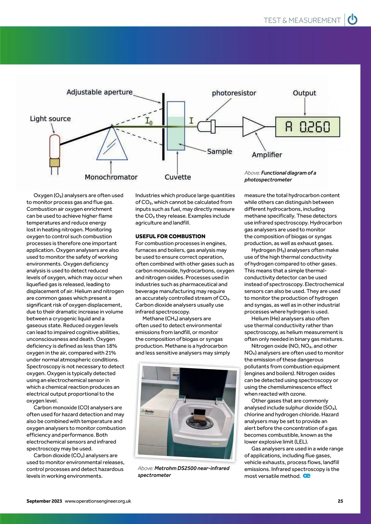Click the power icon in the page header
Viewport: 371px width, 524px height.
coord(352,20)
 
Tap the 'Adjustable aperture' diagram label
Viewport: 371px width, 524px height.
coord(99,92)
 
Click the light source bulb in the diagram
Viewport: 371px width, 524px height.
coord(55,147)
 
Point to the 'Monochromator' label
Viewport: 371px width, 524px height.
coord(111,177)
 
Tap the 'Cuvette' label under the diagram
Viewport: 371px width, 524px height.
coord(178,177)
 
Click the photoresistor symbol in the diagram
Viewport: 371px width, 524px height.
coord(206,127)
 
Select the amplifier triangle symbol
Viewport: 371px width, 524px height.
coord(253,127)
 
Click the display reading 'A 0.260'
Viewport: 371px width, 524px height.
coord(308,127)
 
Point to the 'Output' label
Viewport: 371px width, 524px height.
coord(304,93)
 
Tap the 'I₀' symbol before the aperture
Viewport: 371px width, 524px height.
coord(149,121)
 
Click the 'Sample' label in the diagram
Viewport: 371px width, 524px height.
coord(220,151)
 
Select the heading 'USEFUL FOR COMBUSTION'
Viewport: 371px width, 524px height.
coord(170,236)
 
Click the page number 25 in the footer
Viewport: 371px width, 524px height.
coord(340,501)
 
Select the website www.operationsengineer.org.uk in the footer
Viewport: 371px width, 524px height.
coord(98,501)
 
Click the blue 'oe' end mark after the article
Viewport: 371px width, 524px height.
coord(307,476)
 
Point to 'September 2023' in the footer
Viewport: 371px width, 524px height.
coord(44,501)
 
